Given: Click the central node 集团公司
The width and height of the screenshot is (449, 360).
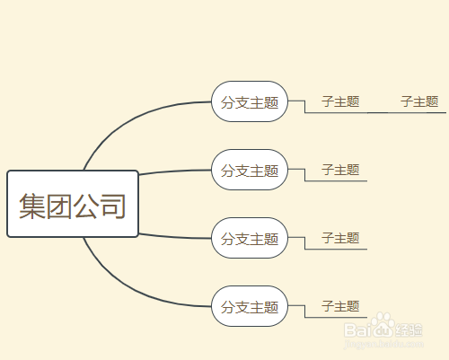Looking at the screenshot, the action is (x=73, y=204).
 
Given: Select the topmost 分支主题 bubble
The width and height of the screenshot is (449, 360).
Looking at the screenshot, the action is (x=250, y=101).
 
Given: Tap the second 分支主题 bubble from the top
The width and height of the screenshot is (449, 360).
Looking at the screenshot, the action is (x=250, y=170).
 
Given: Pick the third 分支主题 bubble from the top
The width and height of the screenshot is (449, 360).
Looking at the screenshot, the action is (x=250, y=238).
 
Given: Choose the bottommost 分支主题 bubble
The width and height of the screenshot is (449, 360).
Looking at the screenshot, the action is (x=250, y=306).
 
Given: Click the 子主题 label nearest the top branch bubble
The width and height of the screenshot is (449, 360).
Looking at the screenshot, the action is (x=340, y=101).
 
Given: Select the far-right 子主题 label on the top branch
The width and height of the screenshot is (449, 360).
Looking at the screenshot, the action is (x=419, y=101).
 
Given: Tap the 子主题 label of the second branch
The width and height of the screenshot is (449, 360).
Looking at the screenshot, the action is (x=340, y=170).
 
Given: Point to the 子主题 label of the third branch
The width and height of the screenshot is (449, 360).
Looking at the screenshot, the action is (x=340, y=238).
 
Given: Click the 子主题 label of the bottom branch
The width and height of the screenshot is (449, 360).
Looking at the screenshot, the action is (x=340, y=306).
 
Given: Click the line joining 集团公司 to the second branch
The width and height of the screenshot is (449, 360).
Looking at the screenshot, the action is (x=175, y=171).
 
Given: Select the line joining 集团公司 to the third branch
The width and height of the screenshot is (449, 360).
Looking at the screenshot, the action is (x=175, y=237).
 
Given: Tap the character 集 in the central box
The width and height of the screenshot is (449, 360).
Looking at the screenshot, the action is (x=32, y=206).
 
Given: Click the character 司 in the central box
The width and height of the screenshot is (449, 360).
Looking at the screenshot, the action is (x=112, y=206).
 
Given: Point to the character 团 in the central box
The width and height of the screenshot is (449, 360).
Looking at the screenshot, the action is (x=59, y=206).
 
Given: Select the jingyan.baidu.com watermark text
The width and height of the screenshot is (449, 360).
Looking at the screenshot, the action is (x=383, y=344).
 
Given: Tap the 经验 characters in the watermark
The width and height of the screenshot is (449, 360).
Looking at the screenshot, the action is (x=409, y=329).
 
